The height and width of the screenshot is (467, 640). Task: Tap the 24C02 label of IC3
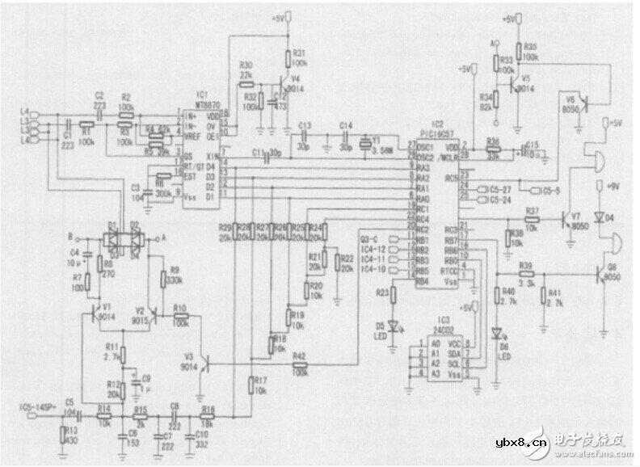441,330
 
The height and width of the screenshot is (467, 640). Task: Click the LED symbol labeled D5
394,326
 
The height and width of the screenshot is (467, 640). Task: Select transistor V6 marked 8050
587,103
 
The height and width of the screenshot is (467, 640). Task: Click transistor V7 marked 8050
566,218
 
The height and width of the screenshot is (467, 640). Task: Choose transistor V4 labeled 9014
283,83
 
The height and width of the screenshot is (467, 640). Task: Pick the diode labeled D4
598,216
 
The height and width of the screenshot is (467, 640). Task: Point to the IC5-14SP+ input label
34,404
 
